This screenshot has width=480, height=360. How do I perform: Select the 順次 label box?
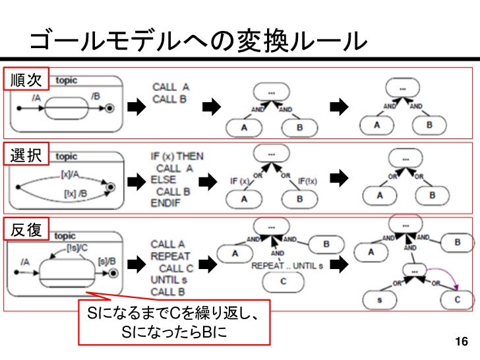26,80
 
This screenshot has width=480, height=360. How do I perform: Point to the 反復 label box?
26,229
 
